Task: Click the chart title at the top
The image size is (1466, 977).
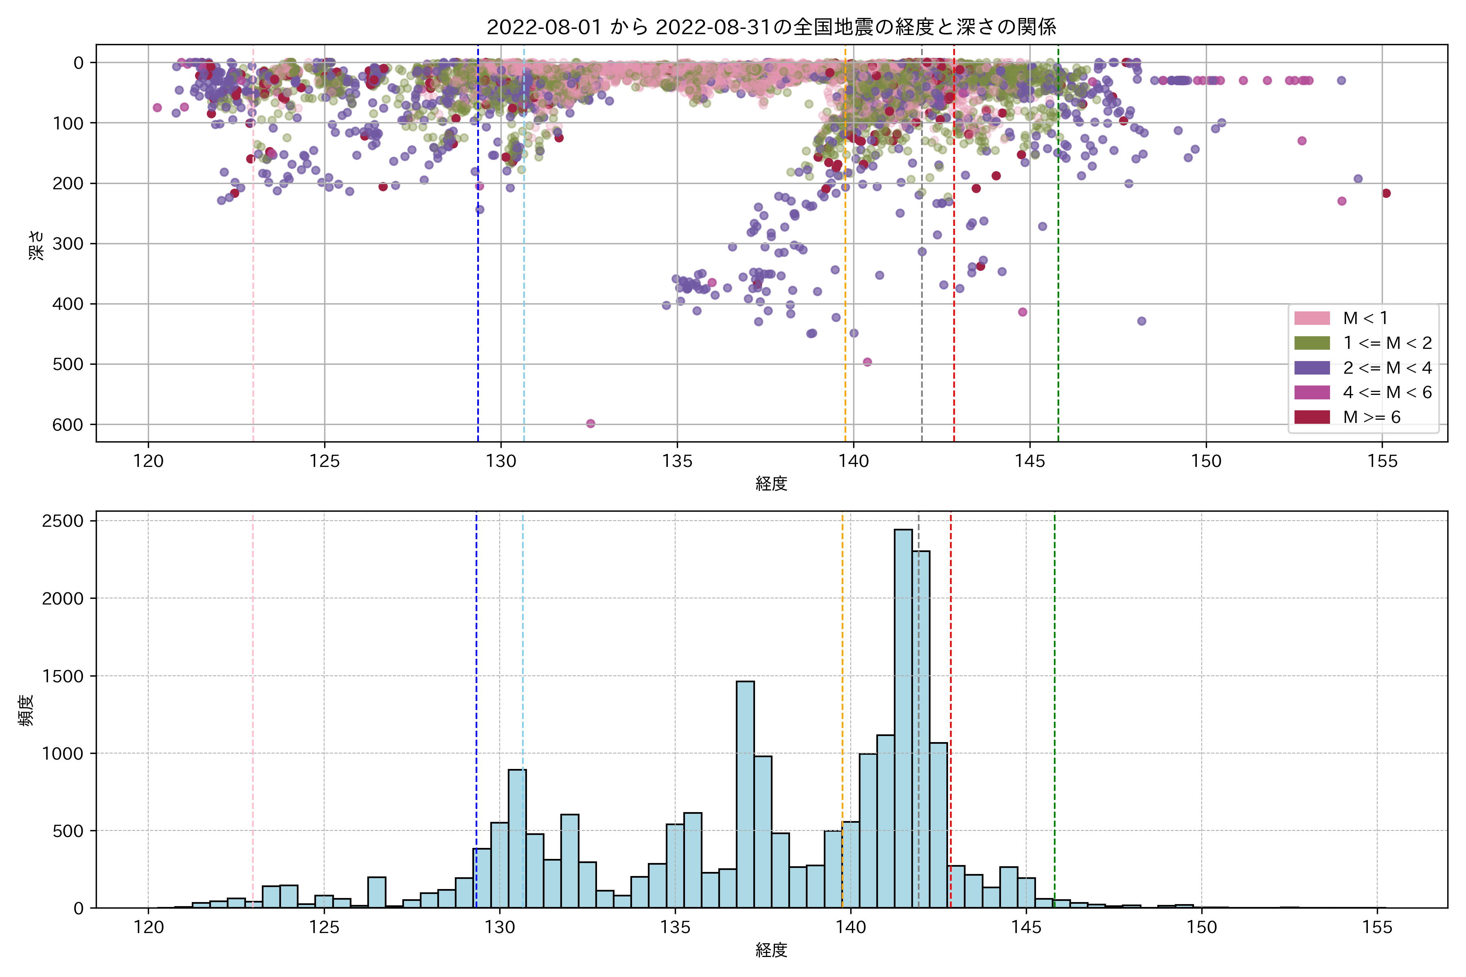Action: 771,27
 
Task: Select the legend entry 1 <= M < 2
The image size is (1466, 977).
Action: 1387,343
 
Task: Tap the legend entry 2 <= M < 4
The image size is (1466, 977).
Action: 1387,368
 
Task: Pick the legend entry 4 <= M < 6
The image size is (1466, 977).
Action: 1387,392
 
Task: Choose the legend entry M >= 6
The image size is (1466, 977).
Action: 1371,417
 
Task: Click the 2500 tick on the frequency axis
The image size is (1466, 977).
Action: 62,521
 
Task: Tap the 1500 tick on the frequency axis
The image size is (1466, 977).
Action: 62,676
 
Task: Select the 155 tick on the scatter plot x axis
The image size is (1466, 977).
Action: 1383,462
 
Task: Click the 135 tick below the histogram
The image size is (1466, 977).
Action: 675,928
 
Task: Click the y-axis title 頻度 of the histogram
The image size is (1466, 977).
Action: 26,710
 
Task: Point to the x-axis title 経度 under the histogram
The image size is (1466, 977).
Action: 771,950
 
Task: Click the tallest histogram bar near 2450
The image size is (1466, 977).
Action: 903,716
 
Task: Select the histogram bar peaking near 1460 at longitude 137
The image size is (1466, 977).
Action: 745,795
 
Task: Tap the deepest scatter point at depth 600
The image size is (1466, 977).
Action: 590,424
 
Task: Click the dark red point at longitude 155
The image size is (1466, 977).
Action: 1386,193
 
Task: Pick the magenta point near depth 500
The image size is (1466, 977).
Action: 867,362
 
